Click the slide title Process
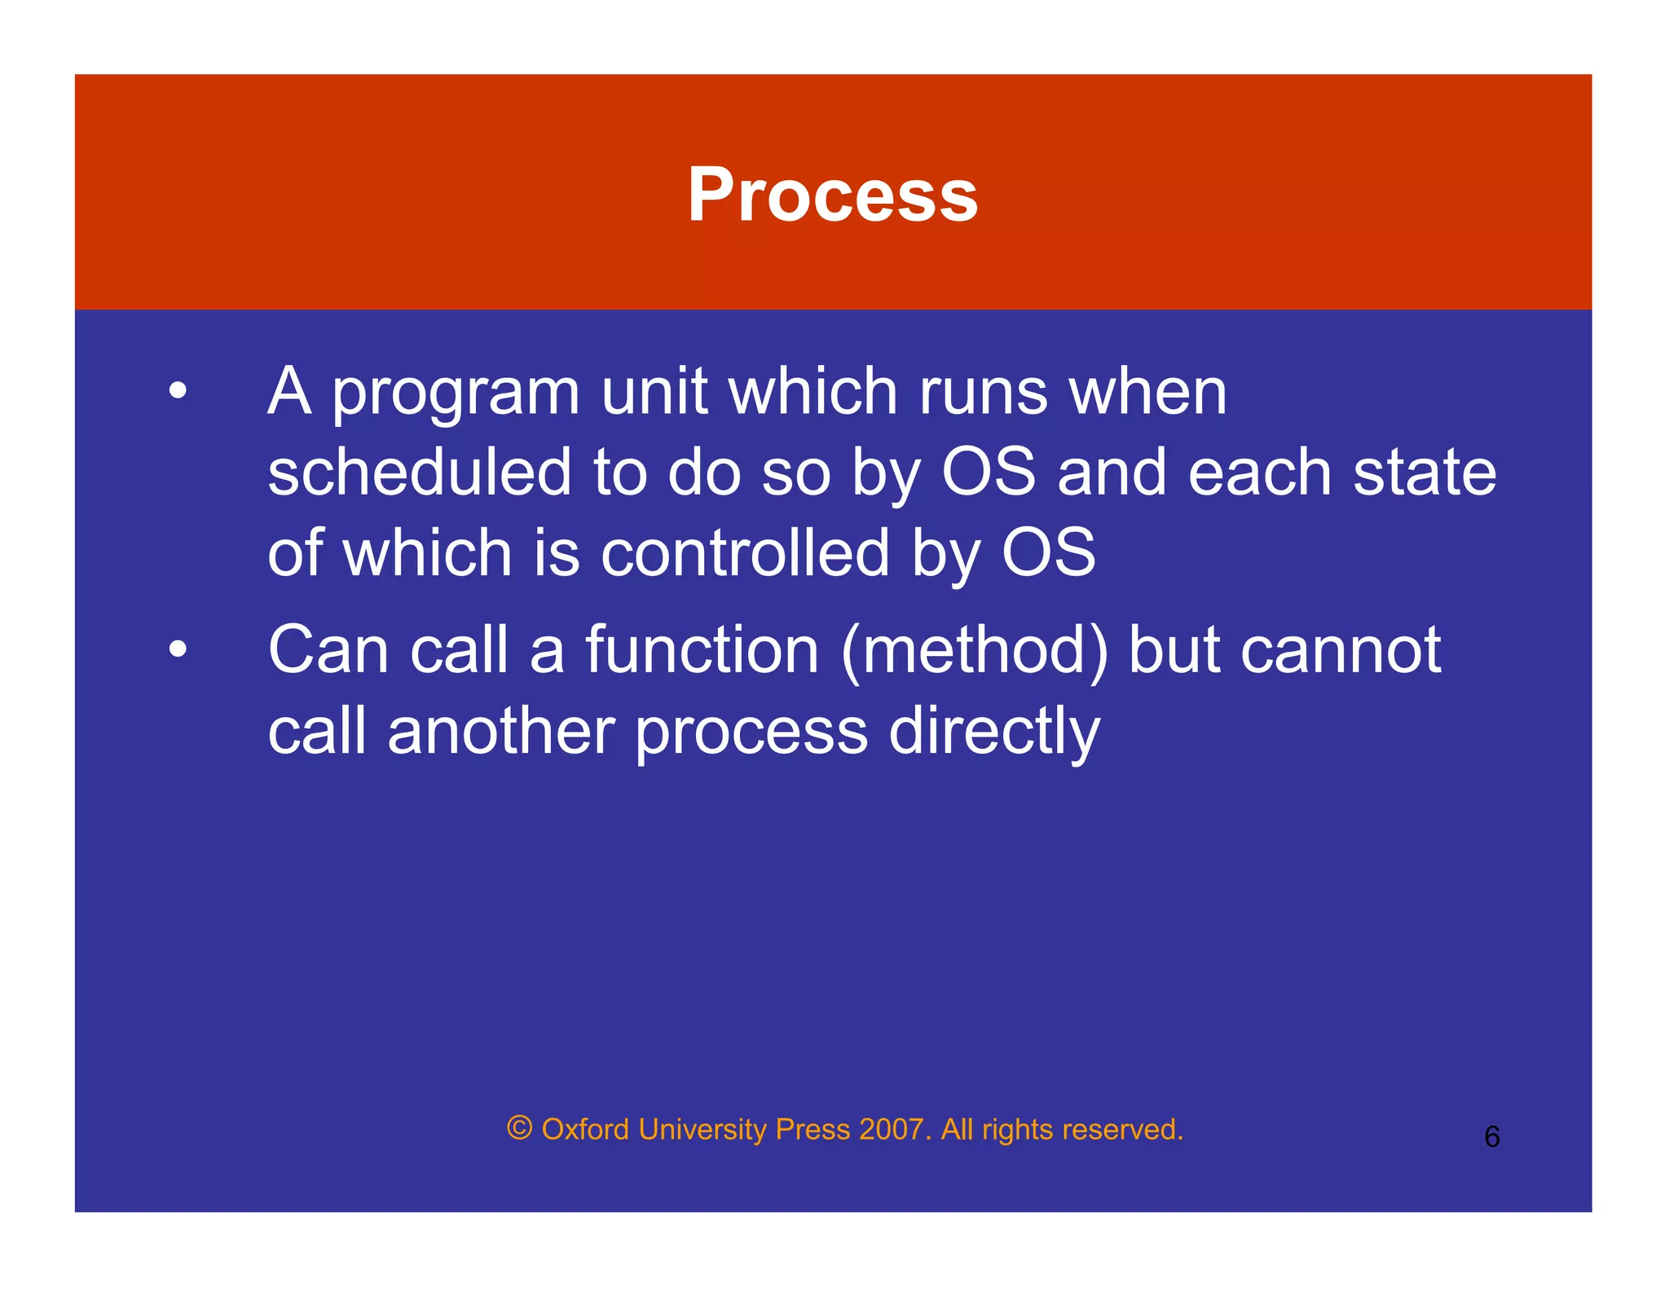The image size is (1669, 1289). (832, 195)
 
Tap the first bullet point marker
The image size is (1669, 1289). (178, 391)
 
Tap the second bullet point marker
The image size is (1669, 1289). (178, 650)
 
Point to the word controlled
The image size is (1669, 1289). (745, 553)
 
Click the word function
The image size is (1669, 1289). (702, 650)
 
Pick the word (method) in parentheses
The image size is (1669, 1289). (975, 652)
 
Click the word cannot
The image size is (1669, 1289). (1341, 650)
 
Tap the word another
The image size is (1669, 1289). (500, 731)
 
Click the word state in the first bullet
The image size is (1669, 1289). (1425, 473)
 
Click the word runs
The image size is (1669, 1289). (983, 393)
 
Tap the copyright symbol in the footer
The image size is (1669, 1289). (520, 1128)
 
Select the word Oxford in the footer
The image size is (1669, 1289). (585, 1129)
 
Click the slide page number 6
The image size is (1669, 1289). (1491, 1137)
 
